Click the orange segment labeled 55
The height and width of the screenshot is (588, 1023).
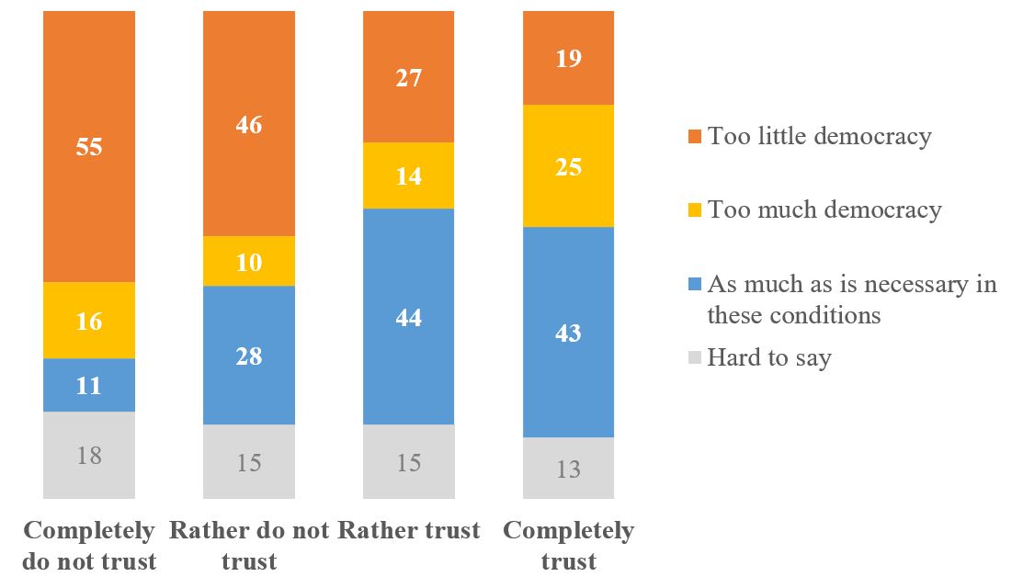click(x=89, y=147)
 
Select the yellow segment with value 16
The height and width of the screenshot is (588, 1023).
click(x=89, y=320)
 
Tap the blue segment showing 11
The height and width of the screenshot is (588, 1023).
click(x=89, y=385)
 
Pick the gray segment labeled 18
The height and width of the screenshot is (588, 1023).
click(x=89, y=455)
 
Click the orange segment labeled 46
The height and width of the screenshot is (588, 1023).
click(x=249, y=124)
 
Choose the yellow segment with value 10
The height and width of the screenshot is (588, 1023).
click(x=249, y=261)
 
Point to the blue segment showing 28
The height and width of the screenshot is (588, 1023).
click(x=249, y=355)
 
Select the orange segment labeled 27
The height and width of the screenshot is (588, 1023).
click(x=409, y=77)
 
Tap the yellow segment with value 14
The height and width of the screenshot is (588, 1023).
click(x=409, y=175)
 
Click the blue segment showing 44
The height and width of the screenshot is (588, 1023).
click(x=409, y=316)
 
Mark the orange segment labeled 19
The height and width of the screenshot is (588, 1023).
click(x=568, y=58)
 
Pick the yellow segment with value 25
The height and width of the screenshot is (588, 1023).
click(x=568, y=165)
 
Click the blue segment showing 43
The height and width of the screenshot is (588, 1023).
click(x=568, y=332)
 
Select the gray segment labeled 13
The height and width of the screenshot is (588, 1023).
click(x=568, y=468)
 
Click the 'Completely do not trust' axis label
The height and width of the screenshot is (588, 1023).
click(x=89, y=545)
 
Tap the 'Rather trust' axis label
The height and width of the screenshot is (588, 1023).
click(x=409, y=531)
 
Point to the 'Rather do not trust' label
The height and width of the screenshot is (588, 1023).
click(x=249, y=545)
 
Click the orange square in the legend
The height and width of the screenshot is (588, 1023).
click(x=694, y=138)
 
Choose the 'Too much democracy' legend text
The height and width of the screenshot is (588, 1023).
click(x=824, y=209)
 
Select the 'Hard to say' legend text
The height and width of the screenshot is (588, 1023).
click(x=768, y=357)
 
